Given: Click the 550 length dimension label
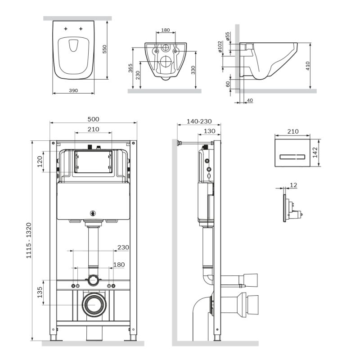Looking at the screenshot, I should [x=105, y=49].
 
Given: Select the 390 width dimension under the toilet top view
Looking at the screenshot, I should [x=73, y=90].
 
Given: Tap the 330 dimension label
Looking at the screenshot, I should [x=193, y=70].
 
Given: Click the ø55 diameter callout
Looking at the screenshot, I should [x=228, y=36].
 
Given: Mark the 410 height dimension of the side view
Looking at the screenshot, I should [x=308, y=66].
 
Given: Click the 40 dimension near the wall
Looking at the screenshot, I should [x=250, y=100].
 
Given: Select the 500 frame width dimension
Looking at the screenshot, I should [x=93, y=119].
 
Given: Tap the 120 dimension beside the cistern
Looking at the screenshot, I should [x=40, y=161].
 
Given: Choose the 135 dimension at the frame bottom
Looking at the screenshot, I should [x=40, y=292].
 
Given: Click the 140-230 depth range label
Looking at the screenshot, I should [x=198, y=121].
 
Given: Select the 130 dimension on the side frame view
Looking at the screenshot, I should [x=209, y=131].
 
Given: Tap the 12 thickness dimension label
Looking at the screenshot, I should [x=294, y=185].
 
